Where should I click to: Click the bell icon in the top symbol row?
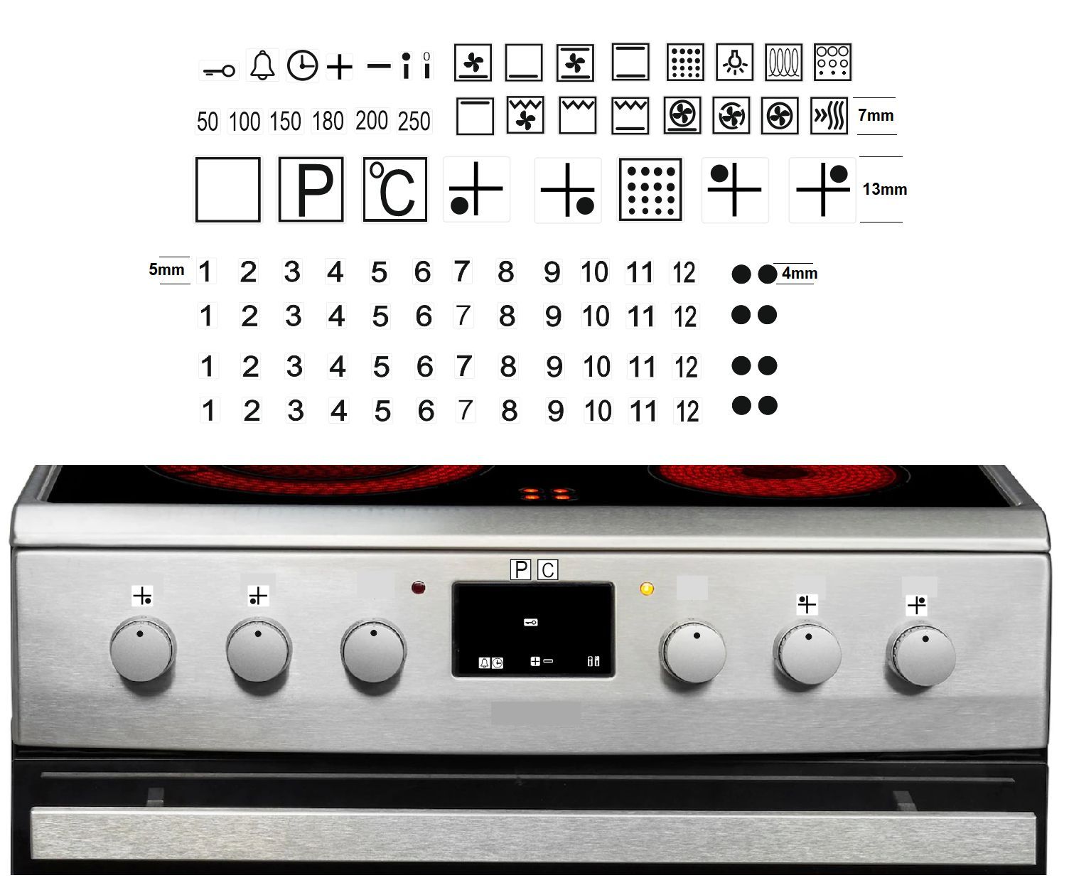[x=262, y=65]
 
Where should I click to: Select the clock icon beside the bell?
[x=302, y=65]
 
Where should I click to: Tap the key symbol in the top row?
[x=219, y=70]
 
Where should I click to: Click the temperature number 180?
[x=328, y=122]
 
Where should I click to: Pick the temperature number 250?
[x=414, y=122]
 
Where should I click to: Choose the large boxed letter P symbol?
[x=311, y=189]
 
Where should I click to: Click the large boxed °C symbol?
[x=394, y=189]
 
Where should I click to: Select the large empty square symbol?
[x=228, y=189]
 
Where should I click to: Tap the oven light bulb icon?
[x=735, y=62]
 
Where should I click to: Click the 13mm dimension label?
[x=884, y=189]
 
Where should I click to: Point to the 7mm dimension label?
[x=876, y=115]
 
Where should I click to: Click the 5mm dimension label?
[x=166, y=269]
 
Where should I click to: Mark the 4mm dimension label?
[x=799, y=274]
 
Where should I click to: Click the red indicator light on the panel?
[x=418, y=587]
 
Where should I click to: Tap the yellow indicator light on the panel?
[x=647, y=589]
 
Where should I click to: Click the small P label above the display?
[x=520, y=569]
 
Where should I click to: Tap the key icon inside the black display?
[x=531, y=622]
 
